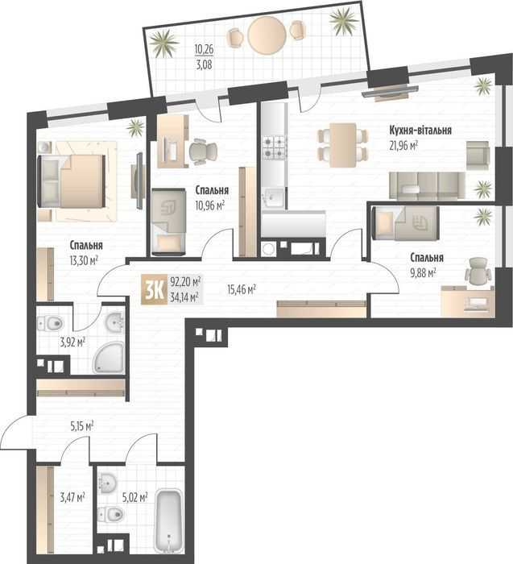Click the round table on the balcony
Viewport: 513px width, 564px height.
click(x=267, y=35)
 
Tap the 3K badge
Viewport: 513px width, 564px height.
click(x=154, y=289)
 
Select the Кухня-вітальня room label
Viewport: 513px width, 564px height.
click(x=420, y=131)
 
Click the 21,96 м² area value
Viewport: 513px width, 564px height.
click(x=403, y=146)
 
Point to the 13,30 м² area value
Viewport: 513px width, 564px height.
click(x=84, y=260)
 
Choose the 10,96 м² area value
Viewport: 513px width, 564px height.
click(x=210, y=205)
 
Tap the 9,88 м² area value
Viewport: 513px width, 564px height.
click(x=423, y=273)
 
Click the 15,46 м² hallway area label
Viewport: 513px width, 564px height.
click(x=242, y=288)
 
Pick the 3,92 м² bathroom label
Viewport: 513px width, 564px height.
click(x=72, y=342)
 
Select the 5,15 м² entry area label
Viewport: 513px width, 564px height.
click(x=82, y=426)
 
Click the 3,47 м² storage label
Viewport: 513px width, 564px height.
click(x=72, y=497)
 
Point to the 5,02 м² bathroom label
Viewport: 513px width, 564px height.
click(x=134, y=497)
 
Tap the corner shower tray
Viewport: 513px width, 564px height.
click(x=110, y=358)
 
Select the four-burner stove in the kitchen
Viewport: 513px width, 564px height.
click(x=275, y=147)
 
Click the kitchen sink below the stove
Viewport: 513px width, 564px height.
click(x=274, y=197)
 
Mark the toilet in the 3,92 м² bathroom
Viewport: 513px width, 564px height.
click(x=51, y=322)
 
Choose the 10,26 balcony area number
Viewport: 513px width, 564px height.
click(x=204, y=49)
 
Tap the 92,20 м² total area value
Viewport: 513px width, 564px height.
click(x=185, y=280)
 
